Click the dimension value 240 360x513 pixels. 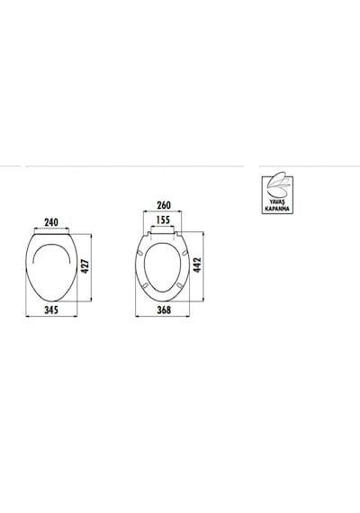coord(51,222)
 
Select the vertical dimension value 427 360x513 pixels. coord(85,266)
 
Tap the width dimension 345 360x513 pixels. coord(51,310)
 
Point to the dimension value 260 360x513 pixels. coord(164,205)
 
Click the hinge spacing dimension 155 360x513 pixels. coord(163,220)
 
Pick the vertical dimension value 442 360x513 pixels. coord(197,265)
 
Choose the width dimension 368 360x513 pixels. coord(164,310)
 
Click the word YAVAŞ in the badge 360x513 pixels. coord(277,202)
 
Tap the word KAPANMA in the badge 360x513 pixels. coord(277,209)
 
